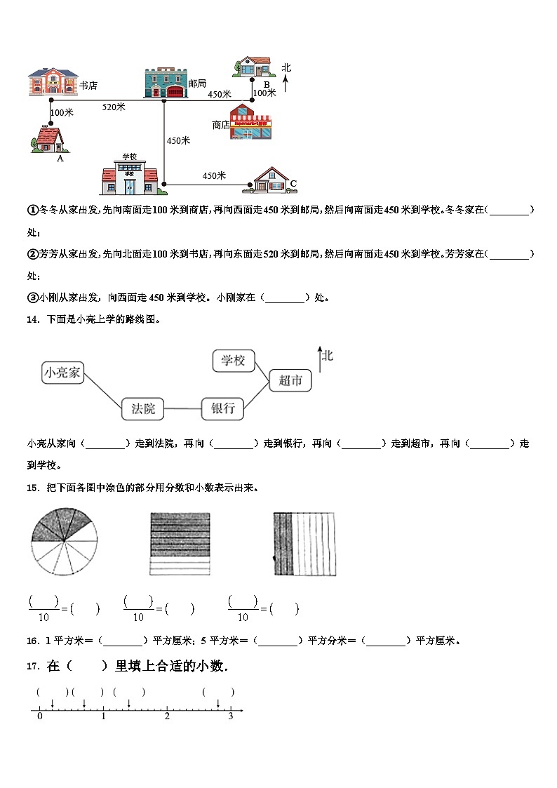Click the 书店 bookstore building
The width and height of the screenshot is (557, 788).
(x=53, y=82)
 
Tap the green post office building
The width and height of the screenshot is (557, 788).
(x=166, y=83)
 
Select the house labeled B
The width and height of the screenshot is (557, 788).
(x=253, y=67)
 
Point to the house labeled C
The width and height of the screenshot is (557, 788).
(x=269, y=180)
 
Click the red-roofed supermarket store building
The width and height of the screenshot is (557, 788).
(x=250, y=122)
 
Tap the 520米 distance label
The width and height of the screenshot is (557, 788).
(x=114, y=107)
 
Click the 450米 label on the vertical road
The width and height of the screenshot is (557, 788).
(x=178, y=140)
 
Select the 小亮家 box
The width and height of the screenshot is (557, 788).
(x=62, y=373)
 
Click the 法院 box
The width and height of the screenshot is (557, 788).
(x=143, y=408)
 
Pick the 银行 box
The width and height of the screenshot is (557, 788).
(x=222, y=408)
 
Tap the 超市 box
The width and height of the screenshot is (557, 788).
(x=290, y=380)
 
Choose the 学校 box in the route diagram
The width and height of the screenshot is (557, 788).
(x=233, y=361)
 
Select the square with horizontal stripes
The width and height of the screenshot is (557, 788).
(x=180, y=544)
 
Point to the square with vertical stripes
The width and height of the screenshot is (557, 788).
(x=304, y=544)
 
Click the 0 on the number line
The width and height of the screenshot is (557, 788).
(x=39, y=716)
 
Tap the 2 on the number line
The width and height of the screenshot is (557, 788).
(x=167, y=716)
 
